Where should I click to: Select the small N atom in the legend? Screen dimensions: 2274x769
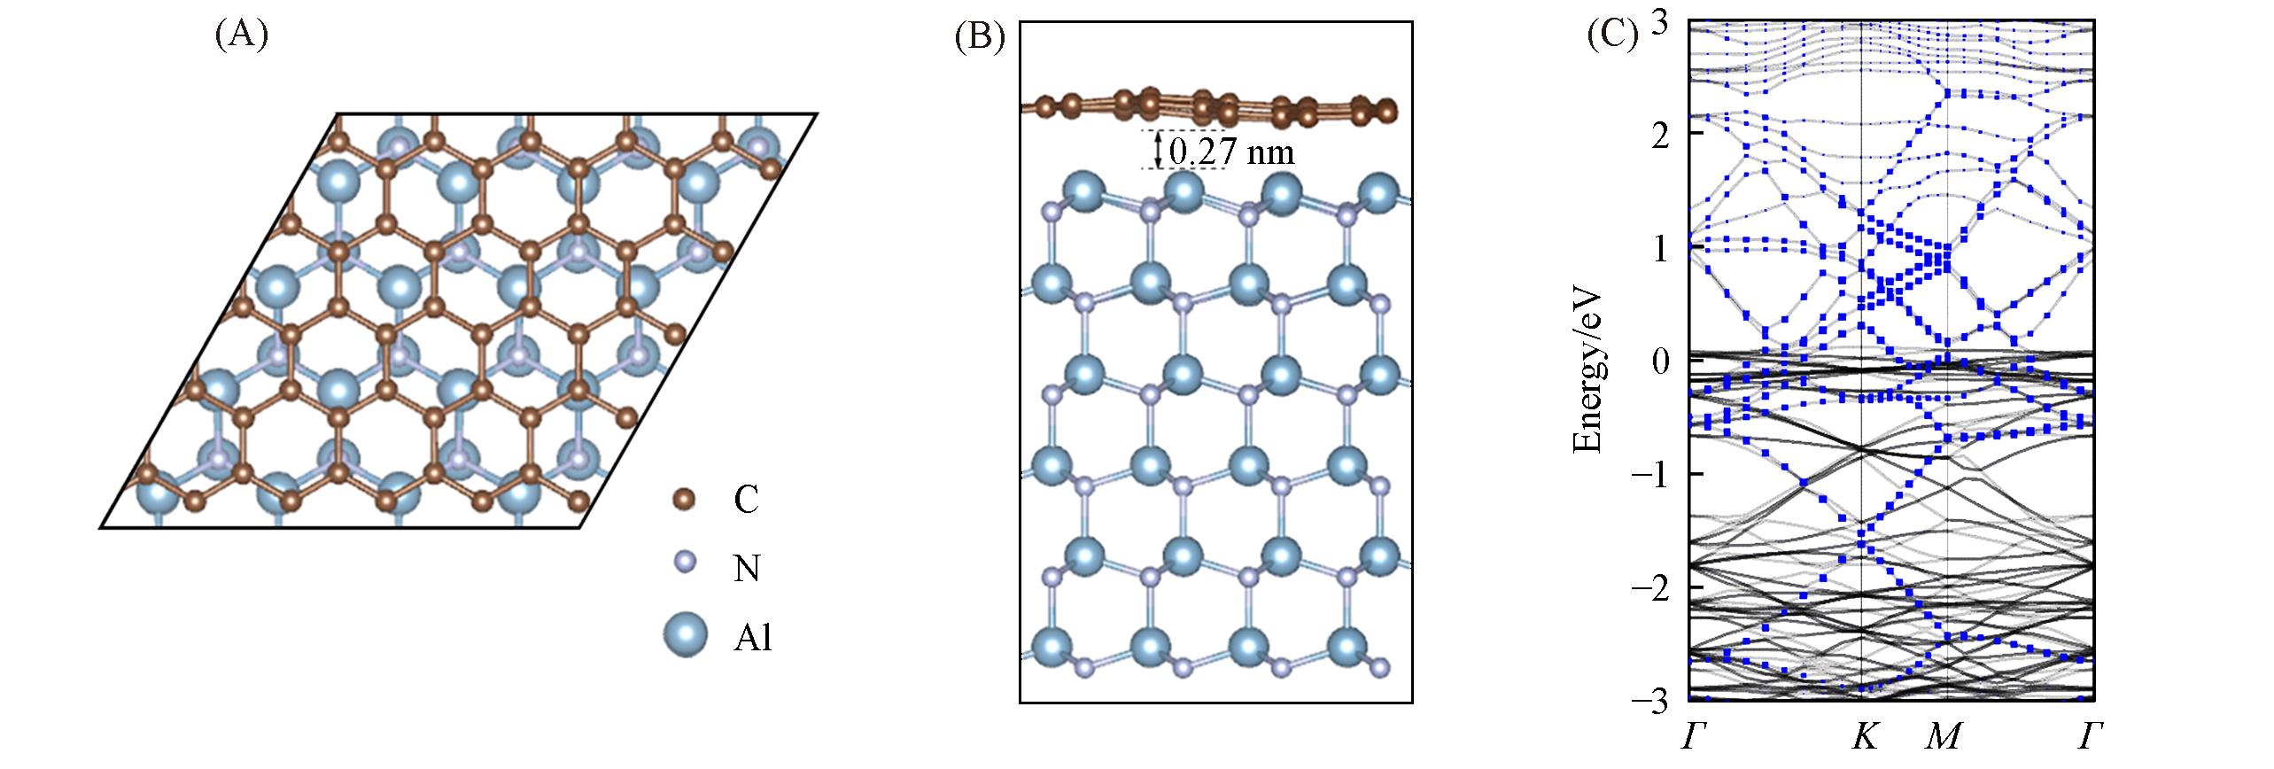point(683,563)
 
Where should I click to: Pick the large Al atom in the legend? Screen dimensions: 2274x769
point(685,634)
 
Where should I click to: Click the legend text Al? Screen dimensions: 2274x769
point(753,638)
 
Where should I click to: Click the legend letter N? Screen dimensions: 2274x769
point(747,568)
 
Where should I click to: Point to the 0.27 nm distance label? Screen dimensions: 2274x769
point(1231,153)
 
